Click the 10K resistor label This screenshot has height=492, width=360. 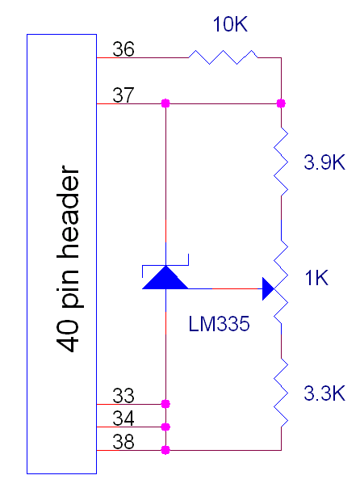point(230,24)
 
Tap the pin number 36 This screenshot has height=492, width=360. point(123,49)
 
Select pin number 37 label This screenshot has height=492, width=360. point(123,95)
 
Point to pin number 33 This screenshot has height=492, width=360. point(123,396)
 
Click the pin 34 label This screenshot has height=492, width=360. point(123,418)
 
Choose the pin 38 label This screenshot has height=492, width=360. point(123,441)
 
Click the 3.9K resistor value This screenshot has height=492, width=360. point(324,162)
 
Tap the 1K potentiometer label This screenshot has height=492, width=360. point(316,278)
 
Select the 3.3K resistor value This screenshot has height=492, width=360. point(324,393)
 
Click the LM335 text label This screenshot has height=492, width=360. point(219,324)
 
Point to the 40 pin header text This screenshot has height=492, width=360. point(68,259)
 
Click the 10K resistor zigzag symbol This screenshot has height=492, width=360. point(223,57)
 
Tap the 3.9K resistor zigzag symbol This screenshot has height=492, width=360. point(281,162)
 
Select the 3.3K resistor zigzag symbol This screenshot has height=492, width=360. point(281,393)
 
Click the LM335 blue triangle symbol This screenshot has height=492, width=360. point(165,277)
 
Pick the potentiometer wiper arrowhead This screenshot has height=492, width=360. point(269,288)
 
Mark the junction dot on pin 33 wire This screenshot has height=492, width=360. point(165,404)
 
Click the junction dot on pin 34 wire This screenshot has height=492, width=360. point(165,427)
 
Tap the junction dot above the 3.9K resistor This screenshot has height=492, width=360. point(281,103)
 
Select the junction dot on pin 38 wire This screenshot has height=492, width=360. point(165,450)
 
